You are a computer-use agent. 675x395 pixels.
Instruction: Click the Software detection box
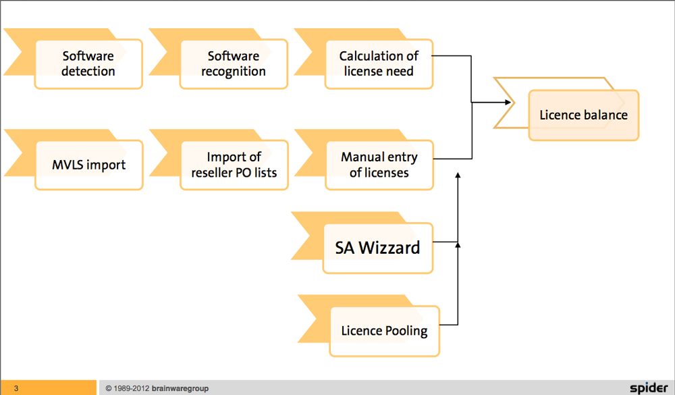pos(88,64)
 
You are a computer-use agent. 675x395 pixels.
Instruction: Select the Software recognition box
pos(234,64)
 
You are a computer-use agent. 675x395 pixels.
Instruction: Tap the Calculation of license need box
pos(379,64)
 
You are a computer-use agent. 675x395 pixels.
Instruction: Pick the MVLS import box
pos(88,165)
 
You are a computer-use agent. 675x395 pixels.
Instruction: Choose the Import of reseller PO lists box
pos(234,165)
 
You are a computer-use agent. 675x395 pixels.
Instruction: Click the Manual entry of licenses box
pos(379,165)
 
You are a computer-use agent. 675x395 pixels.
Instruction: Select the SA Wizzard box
pos(377,248)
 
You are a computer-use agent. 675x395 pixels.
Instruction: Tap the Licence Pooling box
pos(384,331)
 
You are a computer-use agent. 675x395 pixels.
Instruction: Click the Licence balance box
pos(583,115)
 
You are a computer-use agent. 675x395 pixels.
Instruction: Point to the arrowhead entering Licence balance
pos(507,103)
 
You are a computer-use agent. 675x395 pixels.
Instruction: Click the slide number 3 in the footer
pos(16,388)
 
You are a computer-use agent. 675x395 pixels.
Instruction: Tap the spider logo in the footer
pos(648,388)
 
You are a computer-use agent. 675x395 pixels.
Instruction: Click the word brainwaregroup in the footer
pos(180,388)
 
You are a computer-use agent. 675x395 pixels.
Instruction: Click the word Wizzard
pos(389,248)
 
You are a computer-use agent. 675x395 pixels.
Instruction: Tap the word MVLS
pos(67,165)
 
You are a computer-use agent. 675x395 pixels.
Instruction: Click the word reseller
pos(214,173)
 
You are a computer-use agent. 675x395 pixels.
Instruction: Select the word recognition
pos(234,72)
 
